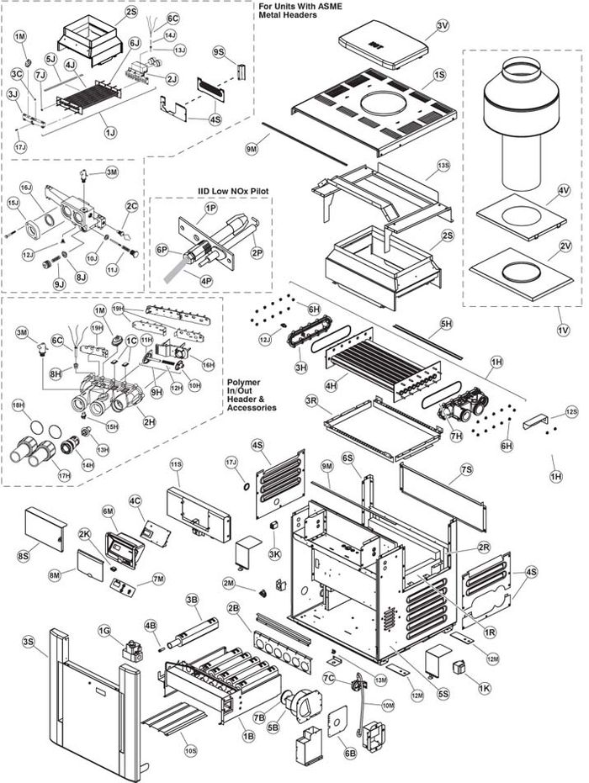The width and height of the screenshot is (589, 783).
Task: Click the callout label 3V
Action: tap(443, 27)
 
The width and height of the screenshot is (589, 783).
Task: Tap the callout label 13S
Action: tap(443, 166)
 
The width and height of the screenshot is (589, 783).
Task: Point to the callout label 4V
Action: tap(563, 202)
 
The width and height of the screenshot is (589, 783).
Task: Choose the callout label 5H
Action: tap(446, 323)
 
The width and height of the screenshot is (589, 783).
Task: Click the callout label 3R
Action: tap(311, 400)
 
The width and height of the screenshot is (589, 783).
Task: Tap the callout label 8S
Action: tap(23, 556)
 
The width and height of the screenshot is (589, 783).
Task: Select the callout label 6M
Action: tap(108, 511)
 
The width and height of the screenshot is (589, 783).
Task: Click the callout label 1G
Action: tap(104, 630)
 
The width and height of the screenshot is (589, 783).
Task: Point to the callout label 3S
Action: tap(29, 642)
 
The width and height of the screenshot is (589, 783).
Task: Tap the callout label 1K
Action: tap(484, 688)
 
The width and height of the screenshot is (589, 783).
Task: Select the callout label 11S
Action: tap(176, 463)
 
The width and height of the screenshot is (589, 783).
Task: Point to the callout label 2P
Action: tap(257, 252)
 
